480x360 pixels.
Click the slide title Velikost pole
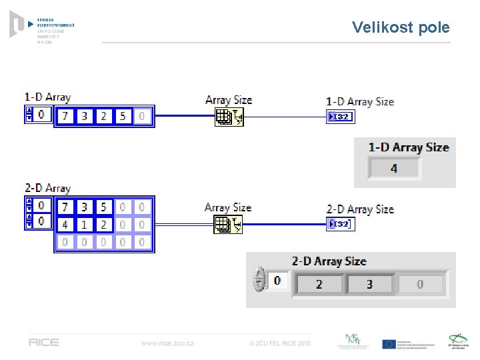401,27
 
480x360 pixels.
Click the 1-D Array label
47,97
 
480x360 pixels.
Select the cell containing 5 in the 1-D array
122,116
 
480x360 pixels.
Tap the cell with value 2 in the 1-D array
103,116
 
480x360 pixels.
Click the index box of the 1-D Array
41,115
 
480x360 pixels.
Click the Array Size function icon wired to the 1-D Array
229,118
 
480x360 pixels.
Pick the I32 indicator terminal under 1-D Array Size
340,117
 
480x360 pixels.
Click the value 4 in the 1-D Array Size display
394,168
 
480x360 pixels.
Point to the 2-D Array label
47,189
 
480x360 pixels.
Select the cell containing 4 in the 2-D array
65,225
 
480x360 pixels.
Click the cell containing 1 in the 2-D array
84,225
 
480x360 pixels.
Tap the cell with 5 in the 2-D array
103,207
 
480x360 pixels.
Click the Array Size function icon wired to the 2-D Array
228,225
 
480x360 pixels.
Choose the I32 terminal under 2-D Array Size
340,224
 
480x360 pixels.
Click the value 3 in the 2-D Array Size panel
369,284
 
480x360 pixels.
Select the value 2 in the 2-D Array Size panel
319,284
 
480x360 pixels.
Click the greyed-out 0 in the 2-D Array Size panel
420,284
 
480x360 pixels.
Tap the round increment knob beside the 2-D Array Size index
259,280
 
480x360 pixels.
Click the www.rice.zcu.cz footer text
167,343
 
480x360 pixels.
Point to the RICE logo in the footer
43,343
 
